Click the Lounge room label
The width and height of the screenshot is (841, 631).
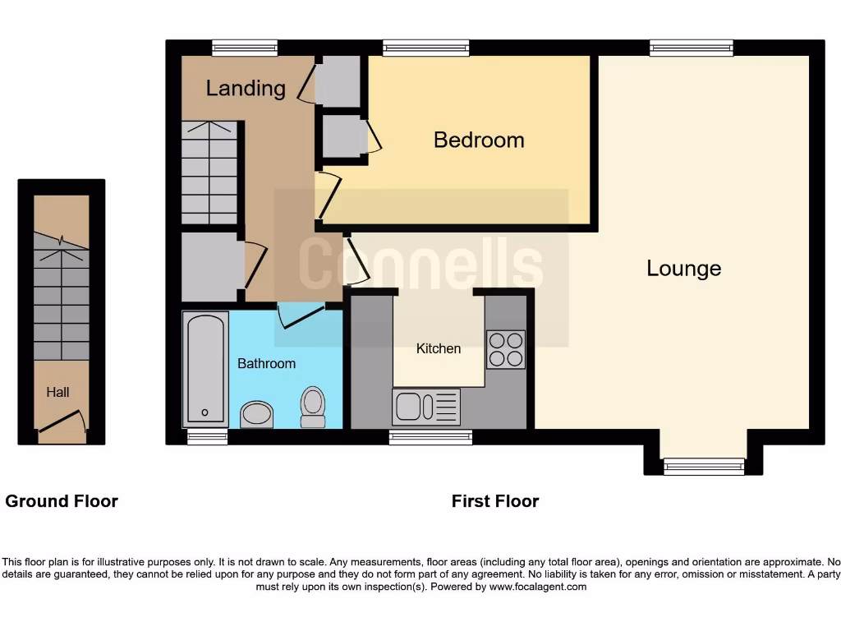click(683, 269)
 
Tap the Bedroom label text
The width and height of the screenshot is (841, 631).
click(479, 140)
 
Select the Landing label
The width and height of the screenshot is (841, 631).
click(245, 88)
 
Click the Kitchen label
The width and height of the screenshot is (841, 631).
click(439, 348)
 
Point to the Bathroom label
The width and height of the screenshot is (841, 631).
click(266, 363)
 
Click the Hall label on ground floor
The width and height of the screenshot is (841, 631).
click(57, 393)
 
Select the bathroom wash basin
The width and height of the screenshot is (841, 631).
click(257, 415)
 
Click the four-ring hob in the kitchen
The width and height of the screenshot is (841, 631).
click(505, 349)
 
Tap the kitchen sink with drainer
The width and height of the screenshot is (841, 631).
click(426, 407)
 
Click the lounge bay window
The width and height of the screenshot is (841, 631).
click(704, 467)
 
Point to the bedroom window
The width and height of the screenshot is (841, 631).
click(426, 48)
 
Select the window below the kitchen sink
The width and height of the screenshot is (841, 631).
click(430, 437)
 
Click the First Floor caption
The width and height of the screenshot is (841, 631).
click(494, 501)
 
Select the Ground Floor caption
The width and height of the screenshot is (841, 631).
click(62, 501)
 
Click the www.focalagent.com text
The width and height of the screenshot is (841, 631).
click(539, 587)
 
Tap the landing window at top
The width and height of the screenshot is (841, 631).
click(244, 48)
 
